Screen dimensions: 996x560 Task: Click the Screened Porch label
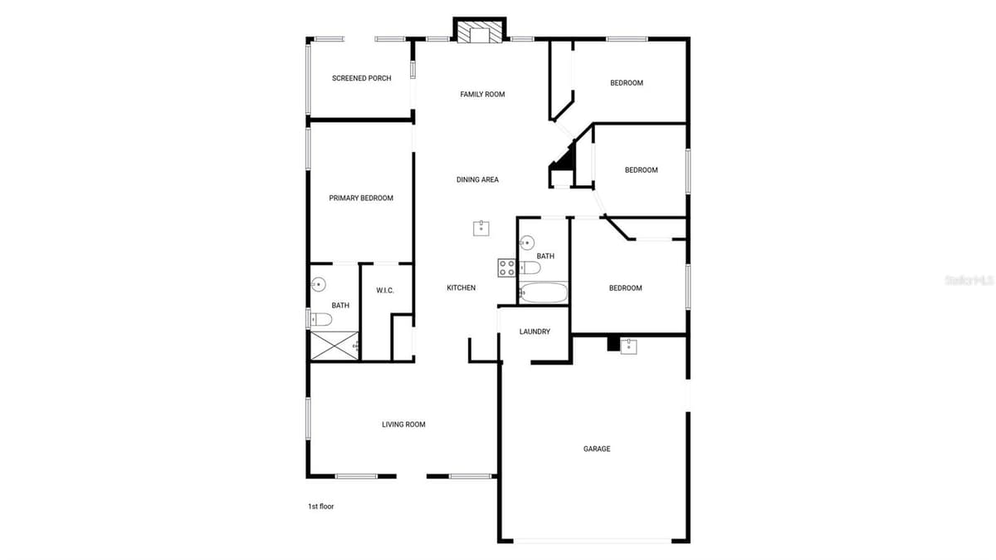(362, 78)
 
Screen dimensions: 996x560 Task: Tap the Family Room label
(482, 95)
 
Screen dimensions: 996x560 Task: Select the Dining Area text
(477, 179)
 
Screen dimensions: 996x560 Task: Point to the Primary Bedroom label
(361, 198)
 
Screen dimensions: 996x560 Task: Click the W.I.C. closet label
(385, 291)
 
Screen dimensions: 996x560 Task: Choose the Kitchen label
(461, 288)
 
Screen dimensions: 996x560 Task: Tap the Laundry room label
(535, 332)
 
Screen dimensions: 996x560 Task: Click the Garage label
(597, 449)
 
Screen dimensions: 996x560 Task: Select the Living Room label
(403, 425)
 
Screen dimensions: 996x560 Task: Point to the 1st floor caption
(321, 507)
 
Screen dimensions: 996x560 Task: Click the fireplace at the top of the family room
(480, 31)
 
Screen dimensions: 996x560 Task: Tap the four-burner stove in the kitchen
(507, 268)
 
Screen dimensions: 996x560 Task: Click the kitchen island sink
(481, 228)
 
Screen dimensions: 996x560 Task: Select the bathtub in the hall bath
(544, 293)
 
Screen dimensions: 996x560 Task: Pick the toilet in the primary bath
(320, 320)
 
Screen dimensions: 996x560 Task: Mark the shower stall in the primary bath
(334, 346)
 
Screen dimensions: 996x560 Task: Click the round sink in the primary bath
(319, 284)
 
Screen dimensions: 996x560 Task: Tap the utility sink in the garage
(629, 346)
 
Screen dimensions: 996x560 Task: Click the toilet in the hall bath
(530, 268)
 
